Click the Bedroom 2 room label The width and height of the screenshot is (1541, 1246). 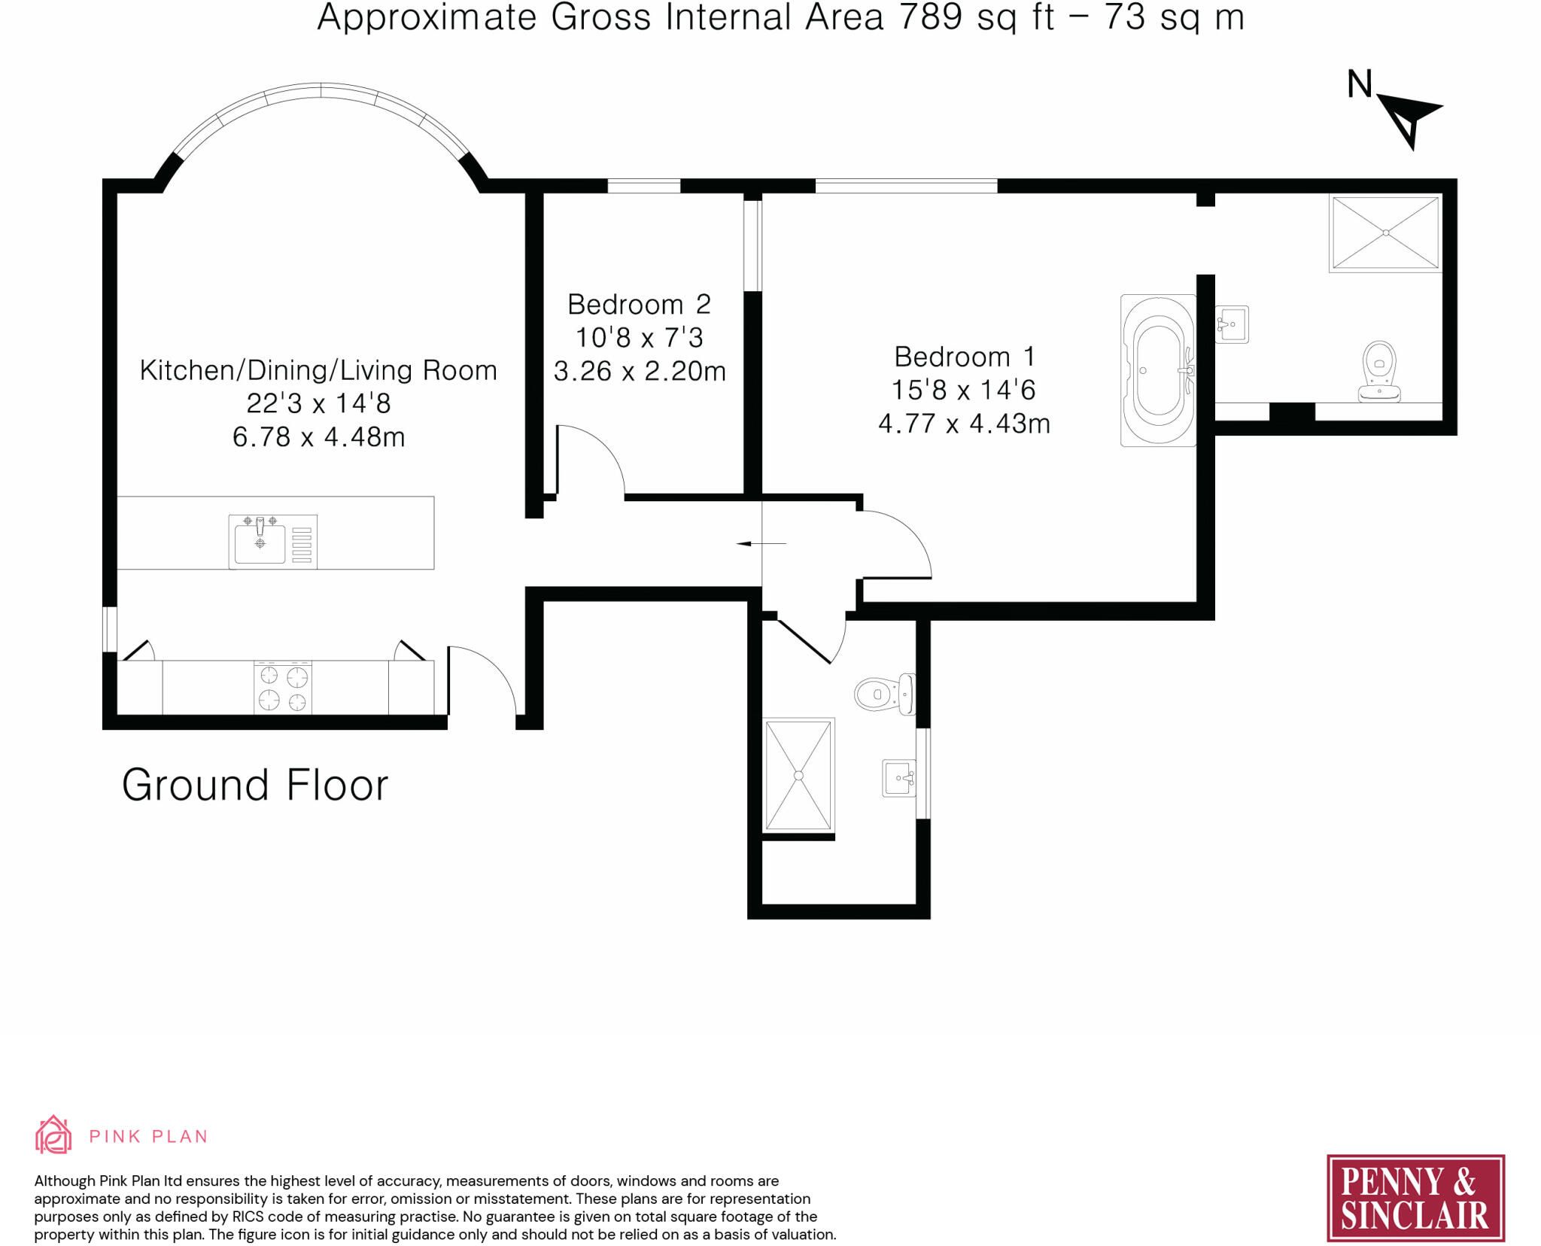[x=639, y=305]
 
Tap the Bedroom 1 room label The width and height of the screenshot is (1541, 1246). [x=965, y=357]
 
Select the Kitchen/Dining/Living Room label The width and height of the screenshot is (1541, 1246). [x=318, y=370]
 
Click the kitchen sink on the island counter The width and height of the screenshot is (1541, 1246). [x=272, y=541]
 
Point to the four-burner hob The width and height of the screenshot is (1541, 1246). [x=283, y=688]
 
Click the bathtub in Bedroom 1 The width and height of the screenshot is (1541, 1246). [x=1158, y=370]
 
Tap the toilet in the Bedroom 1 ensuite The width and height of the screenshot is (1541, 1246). [x=1379, y=372]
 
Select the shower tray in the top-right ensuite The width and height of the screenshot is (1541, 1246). [x=1385, y=233]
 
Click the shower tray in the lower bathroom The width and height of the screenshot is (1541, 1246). [x=798, y=775]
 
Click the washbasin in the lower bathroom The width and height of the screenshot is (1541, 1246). [x=898, y=778]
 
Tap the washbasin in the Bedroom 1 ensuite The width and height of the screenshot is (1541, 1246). [x=1232, y=324]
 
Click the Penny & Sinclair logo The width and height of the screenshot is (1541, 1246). [x=1415, y=1198]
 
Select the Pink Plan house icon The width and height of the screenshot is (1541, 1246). [x=53, y=1135]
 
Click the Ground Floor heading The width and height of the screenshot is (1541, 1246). [x=255, y=785]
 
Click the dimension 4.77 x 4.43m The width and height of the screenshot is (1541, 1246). [x=964, y=424]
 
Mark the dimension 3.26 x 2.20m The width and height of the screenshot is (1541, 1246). [x=640, y=371]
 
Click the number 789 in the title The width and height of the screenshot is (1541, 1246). [x=931, y=17]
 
